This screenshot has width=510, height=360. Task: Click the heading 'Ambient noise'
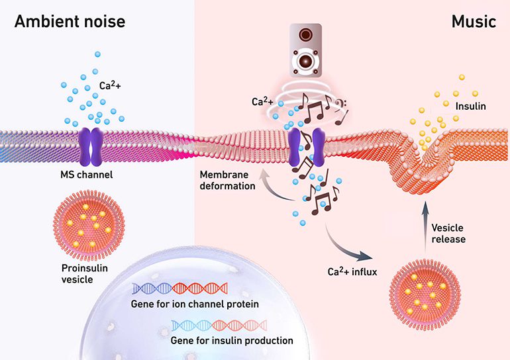pyautogui.click(x=69, y=21)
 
